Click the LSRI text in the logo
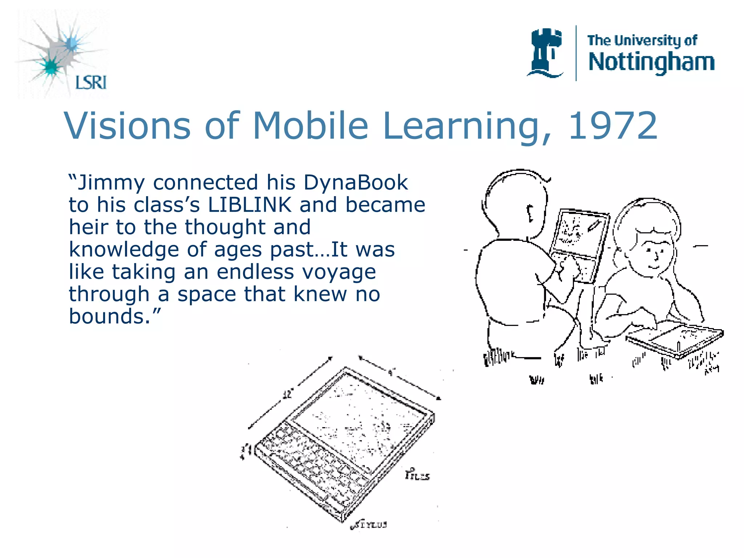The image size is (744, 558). click(x=91, y=82)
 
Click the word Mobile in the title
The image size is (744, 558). click(x=311, y=126)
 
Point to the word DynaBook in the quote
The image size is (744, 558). click(x=356, y=182)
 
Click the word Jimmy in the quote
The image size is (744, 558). click(x=111, y=183)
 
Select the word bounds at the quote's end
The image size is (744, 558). click(x=109, y=316)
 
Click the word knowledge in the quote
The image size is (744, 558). click(x=124, y=250)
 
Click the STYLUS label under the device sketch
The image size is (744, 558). click(x=371, y=525)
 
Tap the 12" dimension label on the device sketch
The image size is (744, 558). click(x=288, y=394)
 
